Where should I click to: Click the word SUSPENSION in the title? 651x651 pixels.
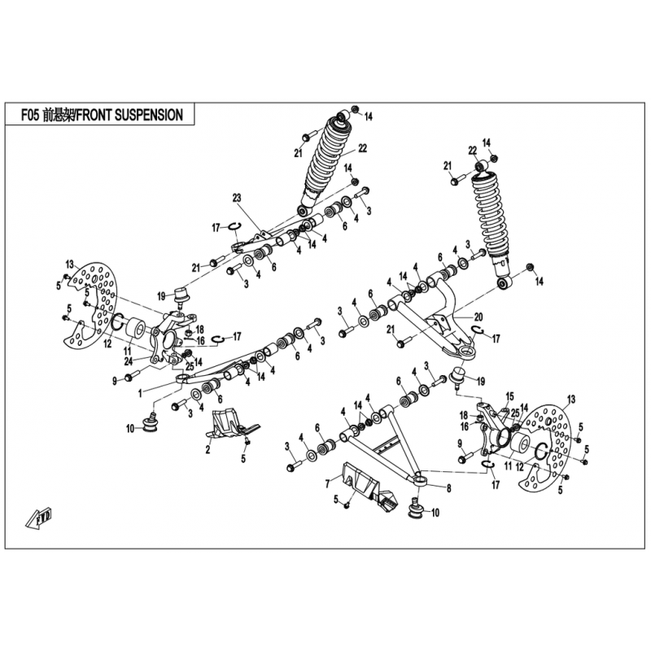(148, 115)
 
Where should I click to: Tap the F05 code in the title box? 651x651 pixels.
(31, 115)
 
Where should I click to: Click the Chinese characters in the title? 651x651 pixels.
(59, 115)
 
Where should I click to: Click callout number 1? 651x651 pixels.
(140, 393)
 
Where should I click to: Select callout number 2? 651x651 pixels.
(208, 450)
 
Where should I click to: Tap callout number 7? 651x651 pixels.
(328, 483)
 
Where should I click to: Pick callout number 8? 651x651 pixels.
(449, 489)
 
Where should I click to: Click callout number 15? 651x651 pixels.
(509, 396)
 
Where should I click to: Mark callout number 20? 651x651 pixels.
(478, 317)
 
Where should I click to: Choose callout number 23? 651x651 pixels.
(237, 198)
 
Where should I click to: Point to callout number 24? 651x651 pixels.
(129, 361)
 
